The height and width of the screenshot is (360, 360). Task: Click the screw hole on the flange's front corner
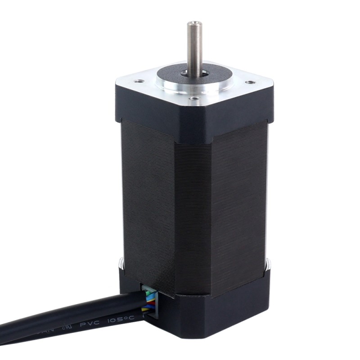193,98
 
